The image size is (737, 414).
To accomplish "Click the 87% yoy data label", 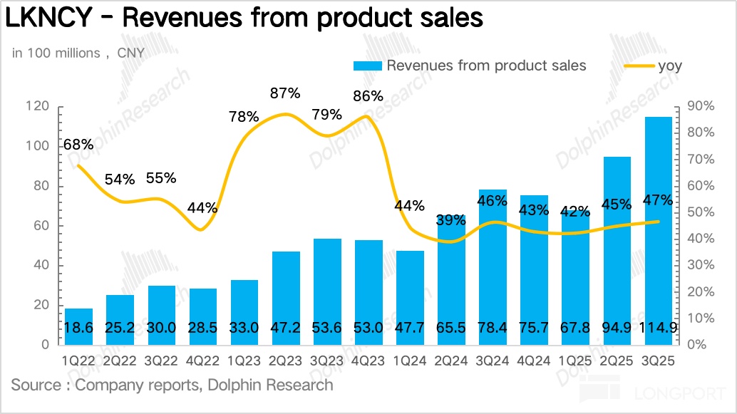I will tap(285, 93).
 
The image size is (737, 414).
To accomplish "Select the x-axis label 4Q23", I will tap(368, 362).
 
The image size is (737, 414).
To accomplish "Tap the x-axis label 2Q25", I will tap(617, 362).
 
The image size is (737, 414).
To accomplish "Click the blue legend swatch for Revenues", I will tap(368, 66).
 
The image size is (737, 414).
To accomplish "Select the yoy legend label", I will tap(670, 66).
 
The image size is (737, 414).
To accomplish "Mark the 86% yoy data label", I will tap(368, 96).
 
